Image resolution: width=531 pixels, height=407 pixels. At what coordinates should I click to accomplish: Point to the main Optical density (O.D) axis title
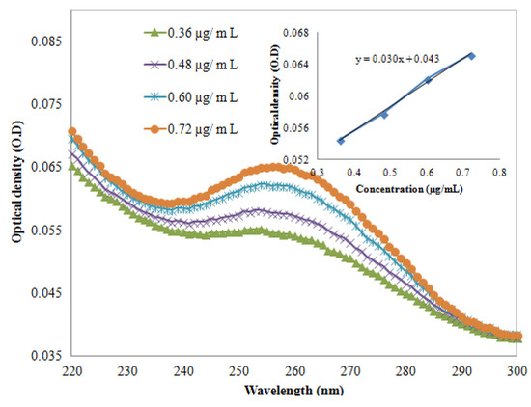[x=16, y=199]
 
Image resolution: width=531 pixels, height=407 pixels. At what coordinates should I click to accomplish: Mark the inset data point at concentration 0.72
[x=471, y=55]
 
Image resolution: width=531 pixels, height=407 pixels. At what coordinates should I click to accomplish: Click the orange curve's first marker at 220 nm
[x=71, y=131]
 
